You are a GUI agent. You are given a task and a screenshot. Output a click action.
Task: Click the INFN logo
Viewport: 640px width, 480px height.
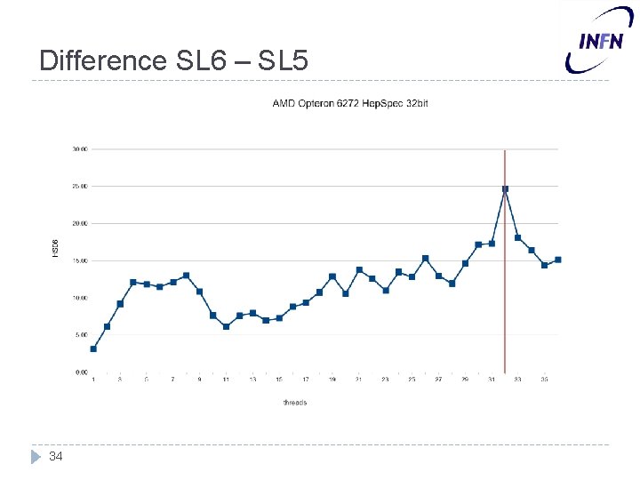[x=602, y=41]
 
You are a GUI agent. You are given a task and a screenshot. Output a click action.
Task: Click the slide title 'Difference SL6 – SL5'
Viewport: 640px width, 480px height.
[x=174, y=60]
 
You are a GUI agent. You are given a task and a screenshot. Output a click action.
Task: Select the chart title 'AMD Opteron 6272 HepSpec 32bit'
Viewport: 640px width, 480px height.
[x=349, y=104]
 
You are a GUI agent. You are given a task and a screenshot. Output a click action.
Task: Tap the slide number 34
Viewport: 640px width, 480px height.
[x=56, y=456]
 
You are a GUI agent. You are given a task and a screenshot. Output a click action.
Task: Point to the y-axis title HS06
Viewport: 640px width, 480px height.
[x=54, y=248]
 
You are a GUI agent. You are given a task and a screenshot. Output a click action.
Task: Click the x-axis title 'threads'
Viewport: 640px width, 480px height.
[x=295, y=403]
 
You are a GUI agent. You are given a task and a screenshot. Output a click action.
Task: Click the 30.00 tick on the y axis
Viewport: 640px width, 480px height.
[x=79, y=149]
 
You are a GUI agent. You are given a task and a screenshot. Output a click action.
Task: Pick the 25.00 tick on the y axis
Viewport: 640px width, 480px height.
[x=79, y=187]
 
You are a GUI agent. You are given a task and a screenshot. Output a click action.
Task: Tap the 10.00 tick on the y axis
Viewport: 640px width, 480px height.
[x=79, y=298]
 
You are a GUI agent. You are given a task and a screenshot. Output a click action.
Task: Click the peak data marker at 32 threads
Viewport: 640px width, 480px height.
[x=505, y=188]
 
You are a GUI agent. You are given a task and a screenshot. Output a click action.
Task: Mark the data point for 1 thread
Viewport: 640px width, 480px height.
[x=93, y=348]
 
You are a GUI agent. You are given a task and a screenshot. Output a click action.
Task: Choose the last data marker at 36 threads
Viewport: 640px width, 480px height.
[x=557, y=260]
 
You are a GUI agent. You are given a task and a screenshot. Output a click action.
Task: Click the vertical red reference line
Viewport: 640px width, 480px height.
[x=505, y=293]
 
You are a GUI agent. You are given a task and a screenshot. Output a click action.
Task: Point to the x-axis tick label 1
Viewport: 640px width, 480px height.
[x=93, y=380]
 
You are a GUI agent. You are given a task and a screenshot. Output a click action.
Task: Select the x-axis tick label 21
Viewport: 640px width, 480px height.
[x=358, y=380]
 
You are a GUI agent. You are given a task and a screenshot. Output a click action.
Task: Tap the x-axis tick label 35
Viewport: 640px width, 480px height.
[x=544, y=380]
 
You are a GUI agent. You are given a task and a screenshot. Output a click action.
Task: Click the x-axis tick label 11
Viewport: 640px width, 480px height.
[x=226, y=380]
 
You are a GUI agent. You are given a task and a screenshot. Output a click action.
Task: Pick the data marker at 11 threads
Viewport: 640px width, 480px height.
[x=226, y=326]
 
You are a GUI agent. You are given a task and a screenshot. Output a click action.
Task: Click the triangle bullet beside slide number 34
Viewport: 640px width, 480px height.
[x=36, y=456]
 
